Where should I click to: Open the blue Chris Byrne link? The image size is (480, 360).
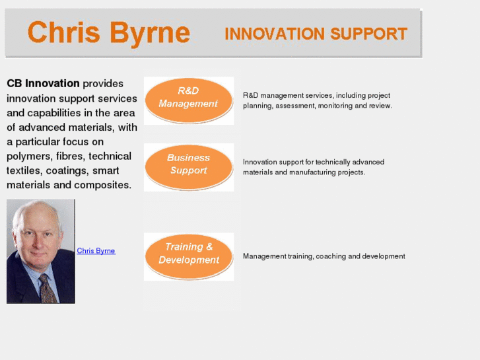[x=96, y=251]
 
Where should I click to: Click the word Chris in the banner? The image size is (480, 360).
[x=62, y=32]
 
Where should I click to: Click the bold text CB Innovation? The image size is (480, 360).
[x=43, y=84]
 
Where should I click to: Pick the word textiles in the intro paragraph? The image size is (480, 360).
[x=23, y=171]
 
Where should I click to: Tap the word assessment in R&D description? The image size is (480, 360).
[x=294, y=106]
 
